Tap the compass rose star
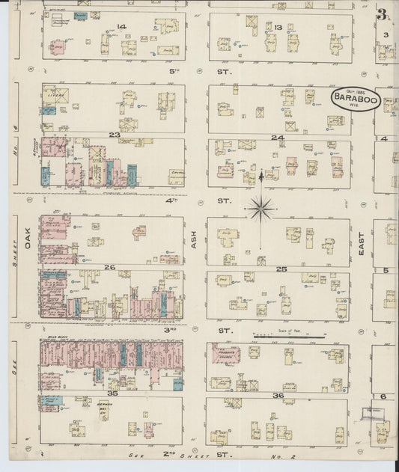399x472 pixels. pos(261,208)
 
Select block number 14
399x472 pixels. pos(121,27)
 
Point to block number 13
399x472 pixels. pos(278,28)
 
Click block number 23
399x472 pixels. pos(114,135)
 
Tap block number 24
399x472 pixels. pos(278,138)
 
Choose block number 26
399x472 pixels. pos(109,267)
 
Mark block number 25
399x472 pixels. pos(281,268)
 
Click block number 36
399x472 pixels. pos(278,396)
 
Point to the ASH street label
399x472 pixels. pos(195,239)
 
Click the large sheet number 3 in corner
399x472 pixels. pos(382,14)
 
